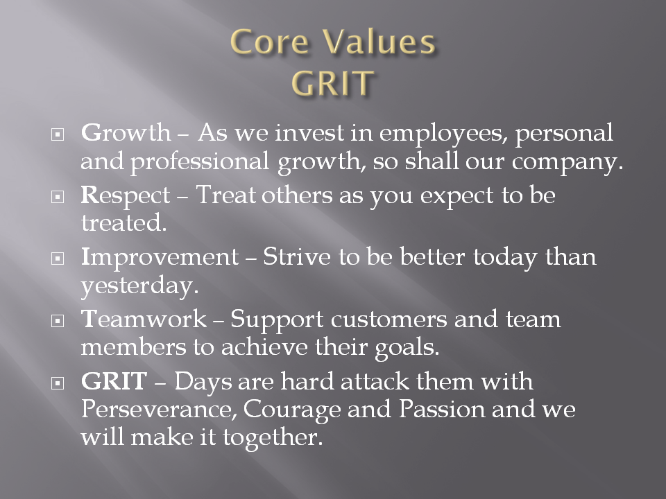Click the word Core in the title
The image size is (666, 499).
click(269, 42)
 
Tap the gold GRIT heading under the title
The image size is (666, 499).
click(332, 82)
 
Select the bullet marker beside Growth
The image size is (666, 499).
click(58, 134)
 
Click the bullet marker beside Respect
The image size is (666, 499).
click(58, 196)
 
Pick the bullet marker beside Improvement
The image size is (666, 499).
click(58, 259)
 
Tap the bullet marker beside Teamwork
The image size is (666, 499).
click(58, 321)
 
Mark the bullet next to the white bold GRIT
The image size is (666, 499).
click(58, 383)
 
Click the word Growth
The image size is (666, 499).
click(126, 132)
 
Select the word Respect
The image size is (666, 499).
click(126, 196)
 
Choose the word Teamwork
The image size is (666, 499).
click(144, 319)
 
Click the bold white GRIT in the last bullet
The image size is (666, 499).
click(114, 381)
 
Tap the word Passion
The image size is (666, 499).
click(442, 409)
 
